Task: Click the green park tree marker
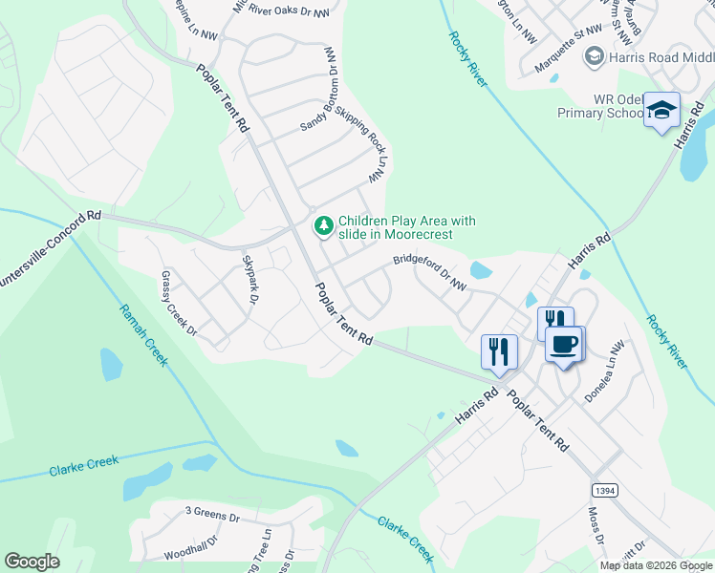click(324, 225)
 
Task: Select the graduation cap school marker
click(661, 113)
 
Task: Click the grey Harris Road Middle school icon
click(594, 57)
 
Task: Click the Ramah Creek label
click(143, 335)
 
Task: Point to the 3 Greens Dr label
click(212, 516)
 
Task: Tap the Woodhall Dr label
click(191, 553)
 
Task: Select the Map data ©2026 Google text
click(656, 565)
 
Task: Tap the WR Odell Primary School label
click(599, 106)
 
